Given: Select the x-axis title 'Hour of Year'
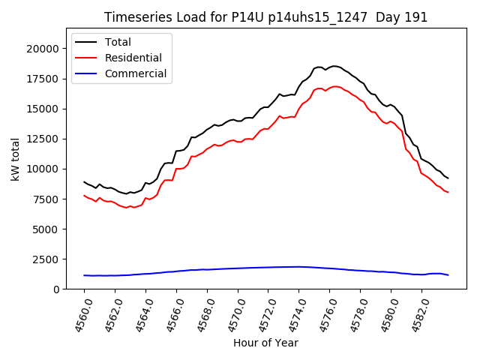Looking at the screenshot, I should click(265, 343).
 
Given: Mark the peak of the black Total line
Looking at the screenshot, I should click(334, 66).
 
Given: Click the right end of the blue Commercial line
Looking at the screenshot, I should click(448, 275).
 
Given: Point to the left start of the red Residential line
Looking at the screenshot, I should click(85, 196).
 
